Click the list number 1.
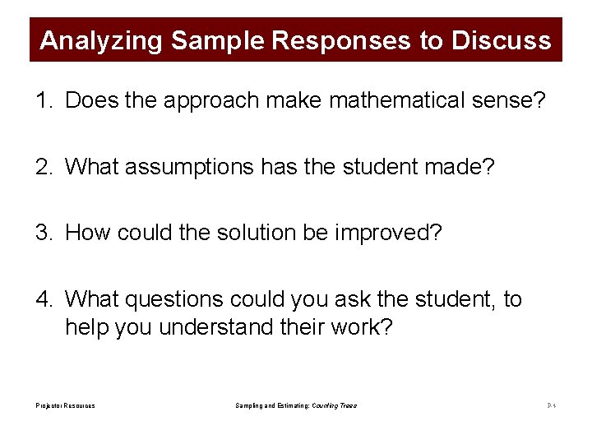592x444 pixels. [x=41, y=100]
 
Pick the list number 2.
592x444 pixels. [x=41, y=167]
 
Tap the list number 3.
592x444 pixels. [x=41, y=233]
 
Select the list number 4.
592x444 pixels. [x=41, y=299]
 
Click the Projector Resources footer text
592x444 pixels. [x=65, y=406]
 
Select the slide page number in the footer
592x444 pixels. [x=551, y=406]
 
